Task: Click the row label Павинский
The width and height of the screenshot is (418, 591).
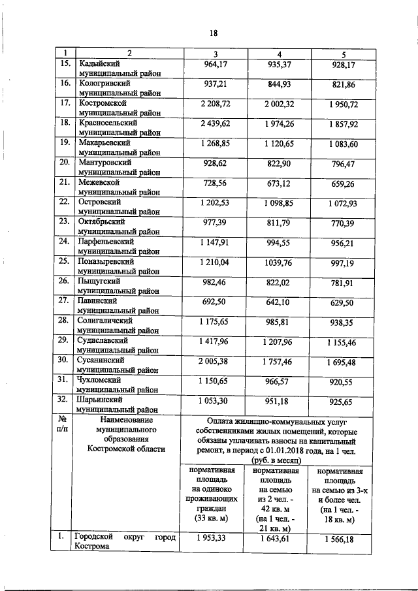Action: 98,300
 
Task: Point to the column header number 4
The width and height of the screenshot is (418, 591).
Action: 279,53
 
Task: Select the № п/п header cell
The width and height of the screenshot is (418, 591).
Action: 64,426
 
